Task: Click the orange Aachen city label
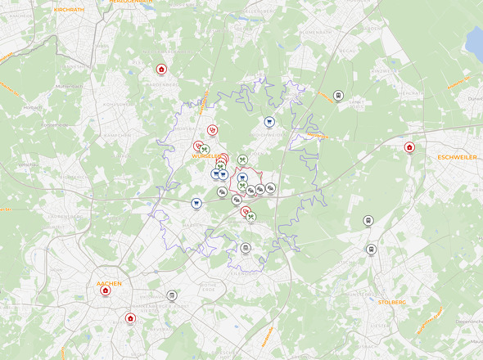109,283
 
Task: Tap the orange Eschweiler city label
457,156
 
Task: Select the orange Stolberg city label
392,302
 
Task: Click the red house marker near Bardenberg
161,70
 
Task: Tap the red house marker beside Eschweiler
410,148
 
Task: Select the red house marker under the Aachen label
106,291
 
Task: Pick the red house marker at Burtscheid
129,318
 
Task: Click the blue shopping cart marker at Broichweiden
269,123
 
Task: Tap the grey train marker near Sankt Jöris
338,96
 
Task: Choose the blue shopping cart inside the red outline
243,178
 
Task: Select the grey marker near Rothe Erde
172,295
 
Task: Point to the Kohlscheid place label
119,105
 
